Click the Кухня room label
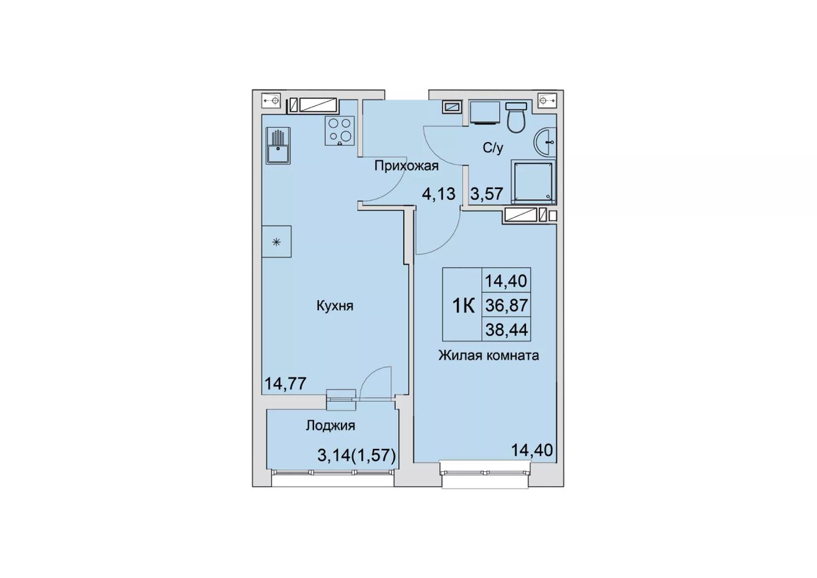(x=335, y=306)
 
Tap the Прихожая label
(x=407, y=167)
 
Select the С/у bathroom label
(x=493, y=148)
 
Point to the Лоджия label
(x=331, y=425)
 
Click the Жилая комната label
(x=489, y=355)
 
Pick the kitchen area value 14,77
(x=285, y=383)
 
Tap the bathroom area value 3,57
(x=487, y=194)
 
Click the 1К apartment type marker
(x=463, y=306)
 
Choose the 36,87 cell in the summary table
(x=506, y=305)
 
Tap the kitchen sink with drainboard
(x=278, y=146)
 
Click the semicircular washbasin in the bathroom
(x=545, y=142)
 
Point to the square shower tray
(x=534, y=182)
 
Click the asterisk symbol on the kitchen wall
(x=276, y=241)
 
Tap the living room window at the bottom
(x=484, y=473)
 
